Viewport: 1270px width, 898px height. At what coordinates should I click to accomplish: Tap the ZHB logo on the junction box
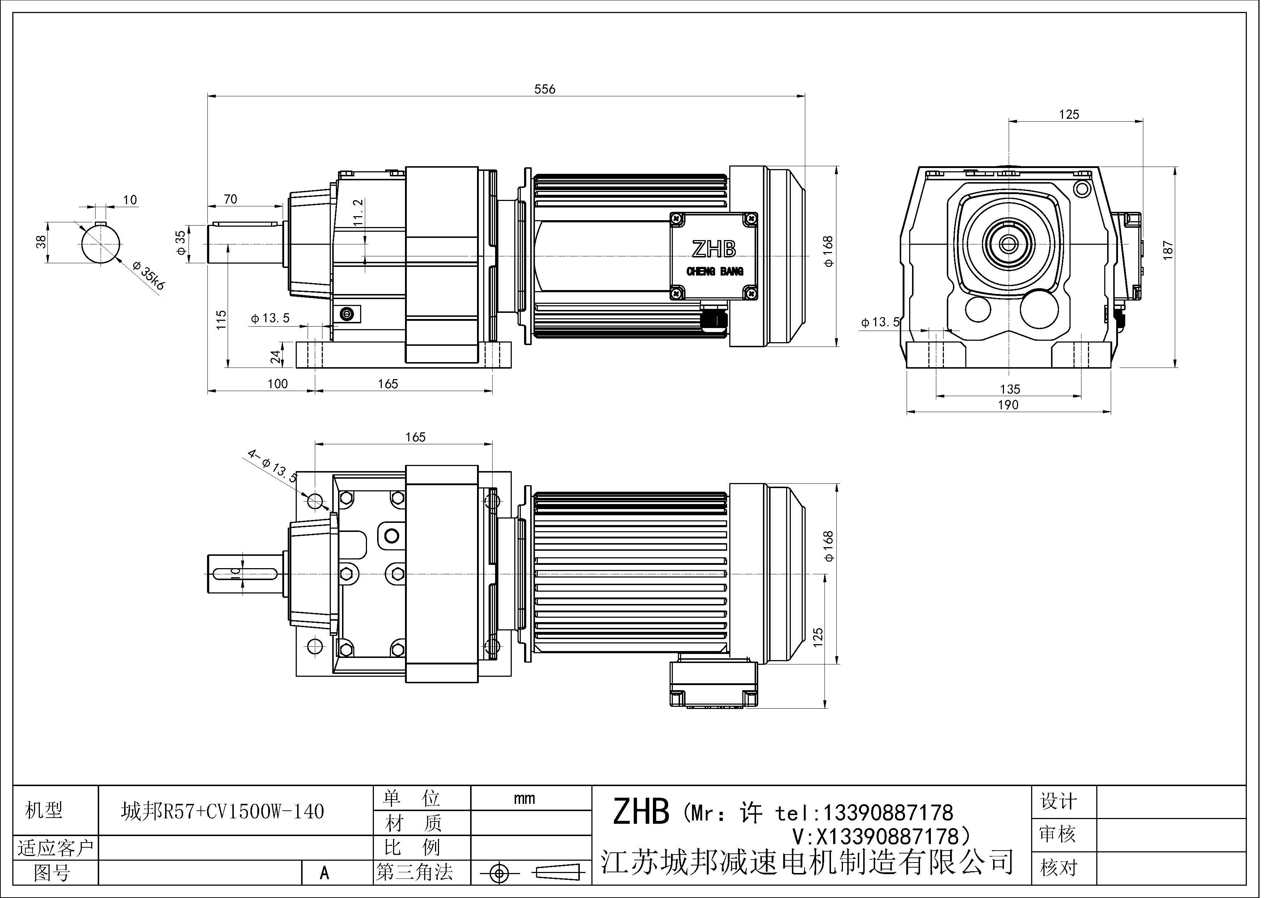click(714, 249)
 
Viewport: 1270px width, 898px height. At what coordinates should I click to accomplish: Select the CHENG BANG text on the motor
click(715, 272)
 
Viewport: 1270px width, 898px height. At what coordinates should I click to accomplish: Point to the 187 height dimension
click(1168, 250)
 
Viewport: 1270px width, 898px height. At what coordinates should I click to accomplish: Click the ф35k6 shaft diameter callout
click(149, 278)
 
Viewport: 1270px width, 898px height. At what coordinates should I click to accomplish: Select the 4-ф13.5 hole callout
click(272, 466)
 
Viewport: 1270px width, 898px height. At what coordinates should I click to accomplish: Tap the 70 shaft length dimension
click(230, 199)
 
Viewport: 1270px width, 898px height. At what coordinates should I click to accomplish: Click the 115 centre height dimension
click(221, 320)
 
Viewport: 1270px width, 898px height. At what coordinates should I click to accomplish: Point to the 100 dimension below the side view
click(277, 384)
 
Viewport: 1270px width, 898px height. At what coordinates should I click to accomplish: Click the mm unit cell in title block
click(524, 798)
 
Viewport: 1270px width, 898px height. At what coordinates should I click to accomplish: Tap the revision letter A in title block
click(325, 873)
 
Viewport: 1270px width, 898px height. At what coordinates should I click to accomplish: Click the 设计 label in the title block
click(1058, 801)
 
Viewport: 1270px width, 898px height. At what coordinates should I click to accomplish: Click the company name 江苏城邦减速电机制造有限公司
click(807, 861)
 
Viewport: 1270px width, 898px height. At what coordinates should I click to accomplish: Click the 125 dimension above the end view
click(1069, 114)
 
